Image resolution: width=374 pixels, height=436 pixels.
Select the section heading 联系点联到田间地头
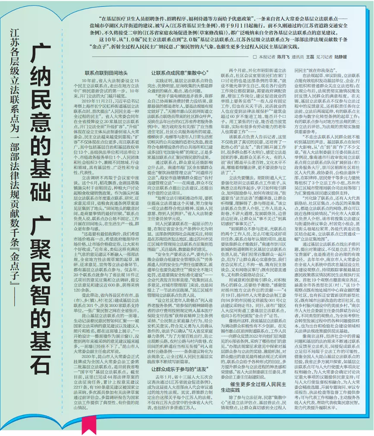pyautogui.click(x=106, y=73)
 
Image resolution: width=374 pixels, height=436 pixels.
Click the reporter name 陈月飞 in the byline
pyautogui.click(x=283, y=57)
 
